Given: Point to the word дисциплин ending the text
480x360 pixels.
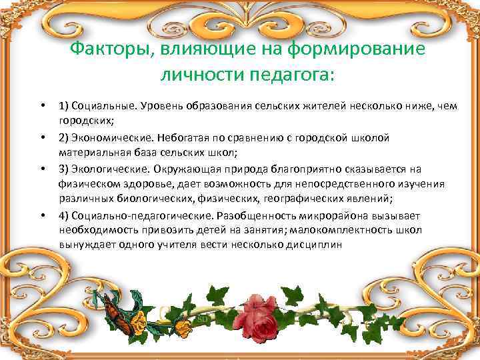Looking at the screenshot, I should coord(315,245).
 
